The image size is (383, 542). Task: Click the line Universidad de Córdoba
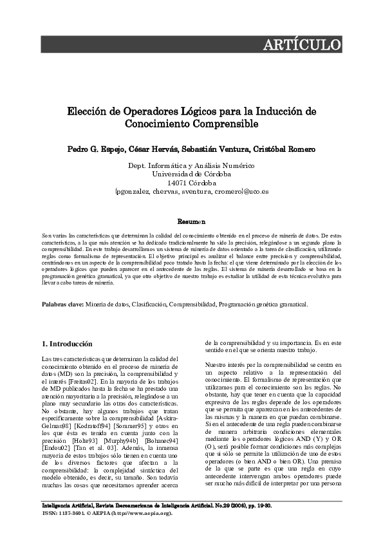click(x=191, y=174)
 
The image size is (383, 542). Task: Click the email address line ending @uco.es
click(x=191, y=191)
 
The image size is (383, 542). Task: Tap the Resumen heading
click(x=191, y=221)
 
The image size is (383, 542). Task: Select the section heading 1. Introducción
click(x=67, y=344)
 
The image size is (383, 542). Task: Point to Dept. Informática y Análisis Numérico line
click(x=191, y=165)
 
